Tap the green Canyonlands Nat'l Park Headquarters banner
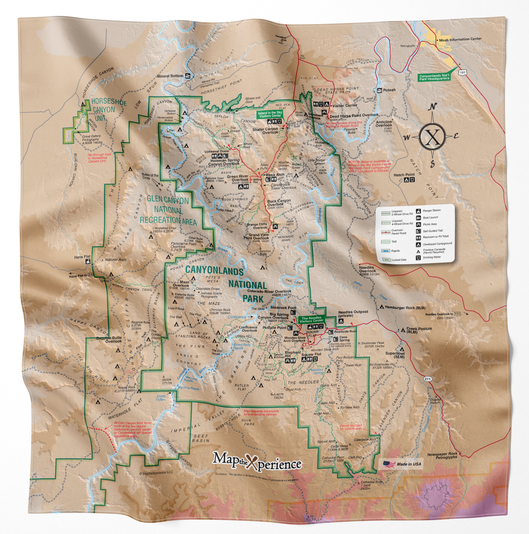tap(434, 77)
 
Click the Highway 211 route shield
tap(428, 379)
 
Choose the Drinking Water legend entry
tap(432, 257)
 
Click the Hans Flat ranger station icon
tap(88, 261)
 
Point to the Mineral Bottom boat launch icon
tap(188, 76)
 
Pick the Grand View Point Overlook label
tap(257, 236)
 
